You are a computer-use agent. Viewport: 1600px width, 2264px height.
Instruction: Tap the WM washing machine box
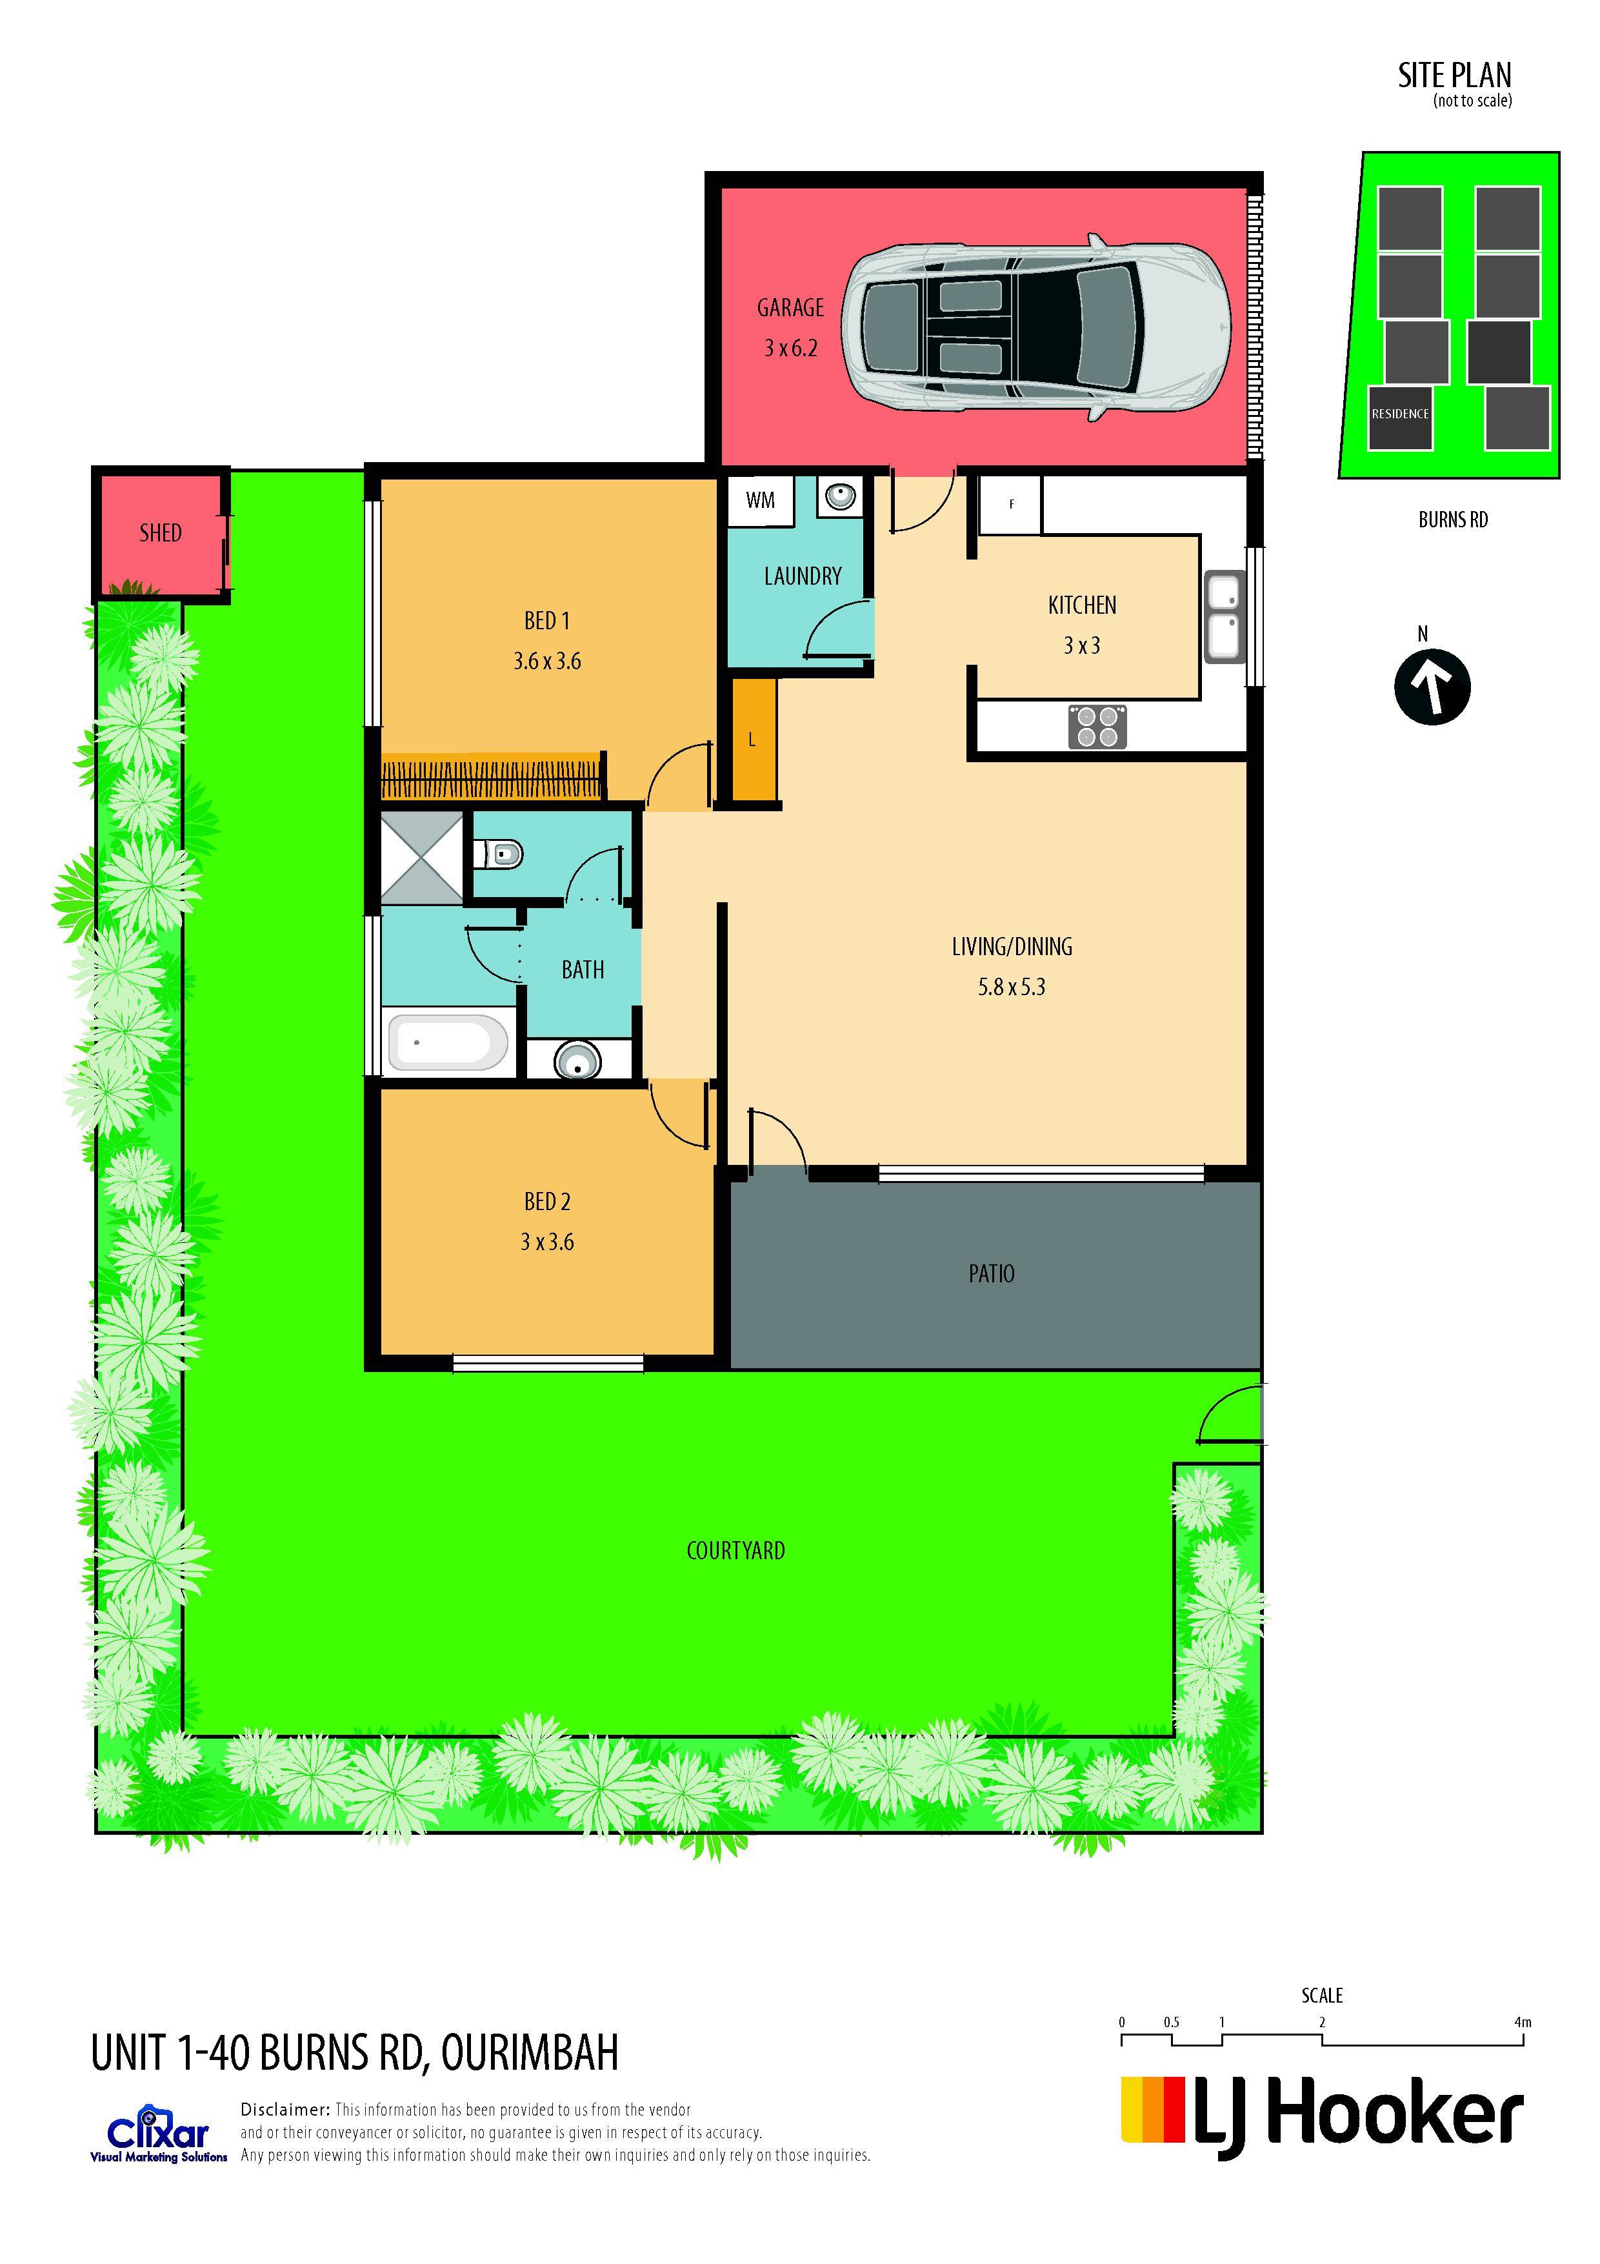coord(760,500)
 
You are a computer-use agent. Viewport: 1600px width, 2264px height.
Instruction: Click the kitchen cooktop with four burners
coord(1097,727)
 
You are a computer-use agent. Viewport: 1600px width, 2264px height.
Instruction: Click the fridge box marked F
coord(1010,505)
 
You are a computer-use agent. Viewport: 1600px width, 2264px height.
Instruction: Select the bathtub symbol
coord(448,1042)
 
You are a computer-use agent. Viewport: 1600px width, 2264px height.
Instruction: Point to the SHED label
coord(161,534)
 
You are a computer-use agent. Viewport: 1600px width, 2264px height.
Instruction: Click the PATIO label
coord(992,1274)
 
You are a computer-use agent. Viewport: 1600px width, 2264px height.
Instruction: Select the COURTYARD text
coord(735,1551)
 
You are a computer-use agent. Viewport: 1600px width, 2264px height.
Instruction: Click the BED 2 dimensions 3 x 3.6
coord(547,1242)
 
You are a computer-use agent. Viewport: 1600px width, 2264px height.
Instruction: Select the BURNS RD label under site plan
coord(1452,520)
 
